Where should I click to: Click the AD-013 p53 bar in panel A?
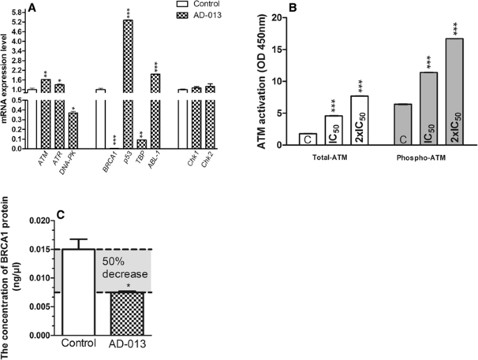pyautogui.click(x=128, y=84)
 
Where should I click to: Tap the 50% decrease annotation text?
pyautogui.click(x=126, y=268)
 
